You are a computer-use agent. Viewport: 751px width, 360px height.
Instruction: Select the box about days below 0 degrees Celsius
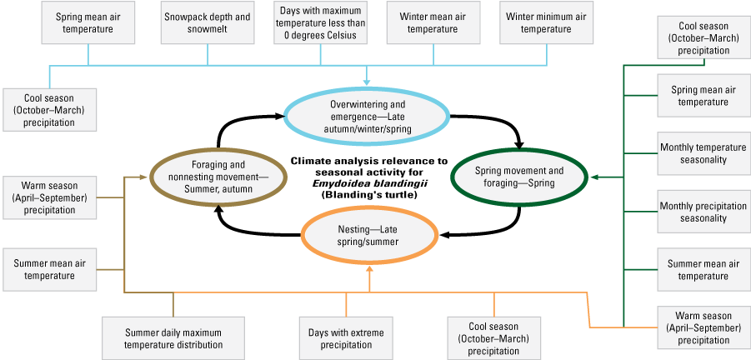(321, 22)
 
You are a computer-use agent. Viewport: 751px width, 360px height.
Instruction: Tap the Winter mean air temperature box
(433, 22)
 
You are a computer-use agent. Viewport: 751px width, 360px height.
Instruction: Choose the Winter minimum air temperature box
(547, 22)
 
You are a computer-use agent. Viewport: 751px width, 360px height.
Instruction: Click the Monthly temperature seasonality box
(693, 153)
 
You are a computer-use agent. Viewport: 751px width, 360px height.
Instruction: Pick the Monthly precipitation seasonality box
(693, 212)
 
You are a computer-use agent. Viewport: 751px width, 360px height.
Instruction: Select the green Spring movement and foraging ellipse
(519, 177)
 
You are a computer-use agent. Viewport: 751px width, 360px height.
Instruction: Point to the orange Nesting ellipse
(368, 236)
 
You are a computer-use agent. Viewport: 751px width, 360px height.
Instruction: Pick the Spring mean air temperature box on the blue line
(88, 22)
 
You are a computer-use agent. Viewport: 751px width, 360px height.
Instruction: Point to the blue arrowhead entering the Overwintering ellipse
(368, 82)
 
